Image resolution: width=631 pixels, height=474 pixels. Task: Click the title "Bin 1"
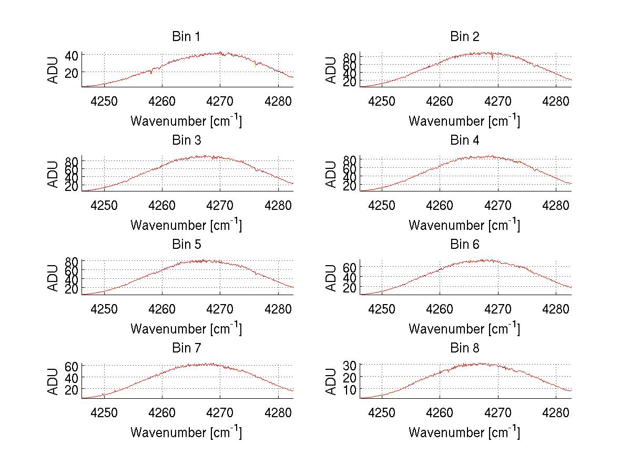point(186,37)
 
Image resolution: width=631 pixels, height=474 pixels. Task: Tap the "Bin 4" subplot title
point(464,140)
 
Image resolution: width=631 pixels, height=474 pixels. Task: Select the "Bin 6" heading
point(464,245)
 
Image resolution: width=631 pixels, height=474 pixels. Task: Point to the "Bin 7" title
point(186,348)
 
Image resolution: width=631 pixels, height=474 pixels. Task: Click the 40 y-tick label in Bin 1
point(72,55)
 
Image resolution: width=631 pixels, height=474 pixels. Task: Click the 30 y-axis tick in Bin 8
point(350,365)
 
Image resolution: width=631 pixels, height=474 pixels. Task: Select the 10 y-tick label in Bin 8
point(350,389)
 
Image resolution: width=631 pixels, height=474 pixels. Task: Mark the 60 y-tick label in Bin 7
point(72,366)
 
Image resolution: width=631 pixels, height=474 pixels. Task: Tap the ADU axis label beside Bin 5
point(53,278)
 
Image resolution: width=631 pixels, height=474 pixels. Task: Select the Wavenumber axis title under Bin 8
point(464,432)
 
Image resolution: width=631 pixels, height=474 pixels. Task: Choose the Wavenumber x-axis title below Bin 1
point(186,121)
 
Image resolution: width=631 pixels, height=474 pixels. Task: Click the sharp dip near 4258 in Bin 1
point(151,73)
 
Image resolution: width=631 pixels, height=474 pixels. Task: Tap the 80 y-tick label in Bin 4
point(350,159)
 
